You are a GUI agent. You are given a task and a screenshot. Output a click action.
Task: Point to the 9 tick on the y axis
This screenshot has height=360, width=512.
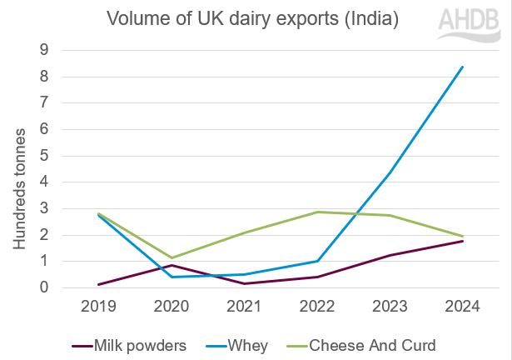click(43, 51)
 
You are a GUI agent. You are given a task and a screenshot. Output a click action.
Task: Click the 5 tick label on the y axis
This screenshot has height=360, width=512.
click(43, 156)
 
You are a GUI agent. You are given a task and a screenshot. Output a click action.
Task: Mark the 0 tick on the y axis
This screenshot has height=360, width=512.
click(43, 287)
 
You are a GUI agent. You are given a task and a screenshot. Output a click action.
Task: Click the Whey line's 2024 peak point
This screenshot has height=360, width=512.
click(462, 67)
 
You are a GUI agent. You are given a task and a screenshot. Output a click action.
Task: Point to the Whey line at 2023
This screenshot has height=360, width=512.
click(390, 172)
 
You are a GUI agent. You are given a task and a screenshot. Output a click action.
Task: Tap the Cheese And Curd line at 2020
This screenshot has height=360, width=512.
click(172, 257)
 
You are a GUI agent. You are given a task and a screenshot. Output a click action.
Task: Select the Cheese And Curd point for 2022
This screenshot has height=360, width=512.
click(317, 212)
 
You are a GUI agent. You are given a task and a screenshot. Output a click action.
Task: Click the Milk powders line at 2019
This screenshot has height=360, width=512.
click(100, 284)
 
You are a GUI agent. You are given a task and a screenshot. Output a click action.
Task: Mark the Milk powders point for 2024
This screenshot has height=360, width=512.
click(462, 241)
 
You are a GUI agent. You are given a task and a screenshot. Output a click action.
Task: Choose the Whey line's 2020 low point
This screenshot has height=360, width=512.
click(172, 277)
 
